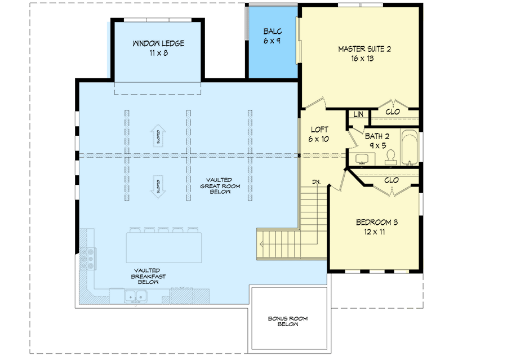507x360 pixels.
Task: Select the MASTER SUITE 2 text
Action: click(x=364, y=49)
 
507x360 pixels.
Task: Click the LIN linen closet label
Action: click(x=358, y=114)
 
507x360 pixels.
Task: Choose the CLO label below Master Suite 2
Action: click(x=393, y=112)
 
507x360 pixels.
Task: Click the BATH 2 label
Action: click(x=377, y=136)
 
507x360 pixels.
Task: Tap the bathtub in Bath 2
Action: click(x=410, y=148)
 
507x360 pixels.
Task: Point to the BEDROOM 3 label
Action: click(x=377, y=223)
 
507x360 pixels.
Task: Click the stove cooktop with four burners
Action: click(x=88, y=258)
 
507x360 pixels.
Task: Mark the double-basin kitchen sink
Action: click(x=134, y=296)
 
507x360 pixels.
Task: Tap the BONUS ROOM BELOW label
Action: click(x=288, y=322)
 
